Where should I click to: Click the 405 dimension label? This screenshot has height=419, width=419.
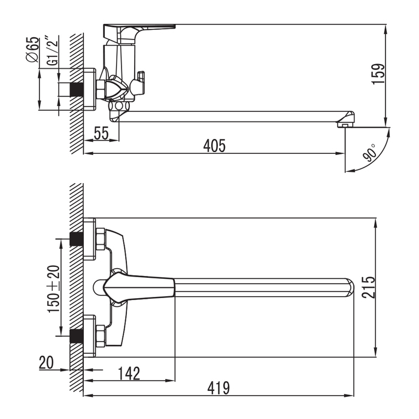coord(214,145)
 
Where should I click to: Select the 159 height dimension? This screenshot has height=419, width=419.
coord(378,74)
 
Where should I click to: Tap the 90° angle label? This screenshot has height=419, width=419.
coord(369,153)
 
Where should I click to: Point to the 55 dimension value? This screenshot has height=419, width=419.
coord(101,133)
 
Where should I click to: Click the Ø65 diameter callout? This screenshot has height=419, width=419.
coord(32,50)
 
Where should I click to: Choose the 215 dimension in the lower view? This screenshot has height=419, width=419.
coord(369,287)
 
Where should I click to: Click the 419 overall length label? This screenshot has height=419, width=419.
coord(218,388)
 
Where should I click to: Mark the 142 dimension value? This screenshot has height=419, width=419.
coord(129,374)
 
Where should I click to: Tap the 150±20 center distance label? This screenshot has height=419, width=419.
coord(53,289)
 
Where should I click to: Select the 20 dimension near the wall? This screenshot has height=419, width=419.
coord(47,362)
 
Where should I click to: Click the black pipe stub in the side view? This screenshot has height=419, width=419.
coord(77,89)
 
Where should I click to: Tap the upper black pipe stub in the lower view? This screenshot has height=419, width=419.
coord(77,239)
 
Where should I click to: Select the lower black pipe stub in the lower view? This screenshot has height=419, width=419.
coord(77,336)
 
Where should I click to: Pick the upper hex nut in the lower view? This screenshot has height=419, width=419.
coord(101,239)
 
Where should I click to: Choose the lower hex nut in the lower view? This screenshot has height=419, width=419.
coord(101,336)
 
